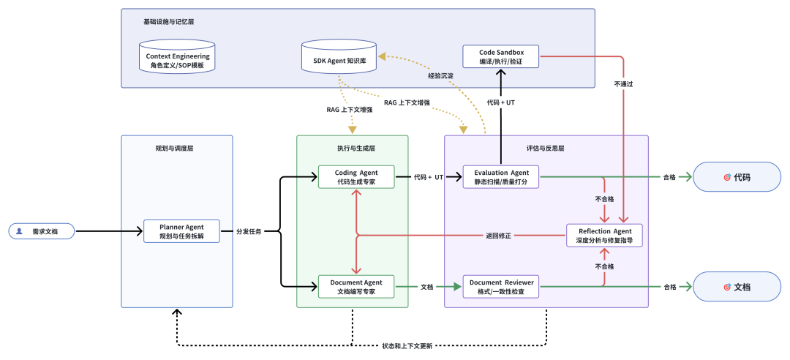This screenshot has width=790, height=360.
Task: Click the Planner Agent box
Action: (181, 231)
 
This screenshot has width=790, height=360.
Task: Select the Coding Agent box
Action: (356, 177)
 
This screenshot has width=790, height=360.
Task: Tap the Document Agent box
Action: (356, 286)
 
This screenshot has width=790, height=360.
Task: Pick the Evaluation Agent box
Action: (501, 177)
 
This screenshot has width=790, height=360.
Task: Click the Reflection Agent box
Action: (605, 236)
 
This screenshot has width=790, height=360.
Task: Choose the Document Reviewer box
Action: (501, 286)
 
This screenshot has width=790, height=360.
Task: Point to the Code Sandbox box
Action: (501, 56)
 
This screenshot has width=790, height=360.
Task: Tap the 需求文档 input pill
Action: (42, 231)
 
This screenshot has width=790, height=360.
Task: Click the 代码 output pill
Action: (737, 177)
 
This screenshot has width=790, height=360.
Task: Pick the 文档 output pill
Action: (737, 287)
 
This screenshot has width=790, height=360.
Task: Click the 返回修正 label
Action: (498, 236)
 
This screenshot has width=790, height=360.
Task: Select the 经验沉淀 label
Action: (440, 75)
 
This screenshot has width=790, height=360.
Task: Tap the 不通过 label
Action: (623, 84)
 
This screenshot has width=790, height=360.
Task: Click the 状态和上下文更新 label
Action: (407, 345)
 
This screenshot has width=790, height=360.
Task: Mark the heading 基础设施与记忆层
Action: (168, 21)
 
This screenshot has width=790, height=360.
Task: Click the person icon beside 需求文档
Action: (19, 231)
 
